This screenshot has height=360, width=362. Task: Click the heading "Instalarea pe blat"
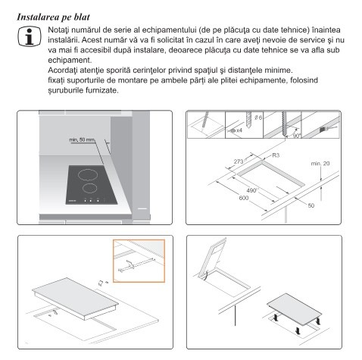tap(53, 17)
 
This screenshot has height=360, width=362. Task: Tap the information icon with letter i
tap(30, 36)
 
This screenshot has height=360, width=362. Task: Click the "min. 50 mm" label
tap(82, 139)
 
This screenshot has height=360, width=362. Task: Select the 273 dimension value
tap(239, 161)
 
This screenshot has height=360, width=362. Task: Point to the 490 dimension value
tap(251, 190)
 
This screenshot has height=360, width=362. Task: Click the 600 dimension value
tap(244, 198)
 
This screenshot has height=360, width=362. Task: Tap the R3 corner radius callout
tap(276, 155)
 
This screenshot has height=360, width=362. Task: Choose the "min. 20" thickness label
tap(320, 164)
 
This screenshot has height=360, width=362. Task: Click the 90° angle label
tap(296, 136)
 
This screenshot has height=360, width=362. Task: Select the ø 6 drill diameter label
tap(258, 117)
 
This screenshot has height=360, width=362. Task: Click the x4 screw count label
tap(239, 130)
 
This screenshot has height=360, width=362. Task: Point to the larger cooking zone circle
tap(88, 174)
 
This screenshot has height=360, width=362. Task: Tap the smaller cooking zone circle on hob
tap(90, 188)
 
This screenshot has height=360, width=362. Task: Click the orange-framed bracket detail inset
tap(139, 261)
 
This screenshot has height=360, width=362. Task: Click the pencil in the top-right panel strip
tap(205, 121)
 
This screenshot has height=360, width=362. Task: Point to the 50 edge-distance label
tap(311, 205)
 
